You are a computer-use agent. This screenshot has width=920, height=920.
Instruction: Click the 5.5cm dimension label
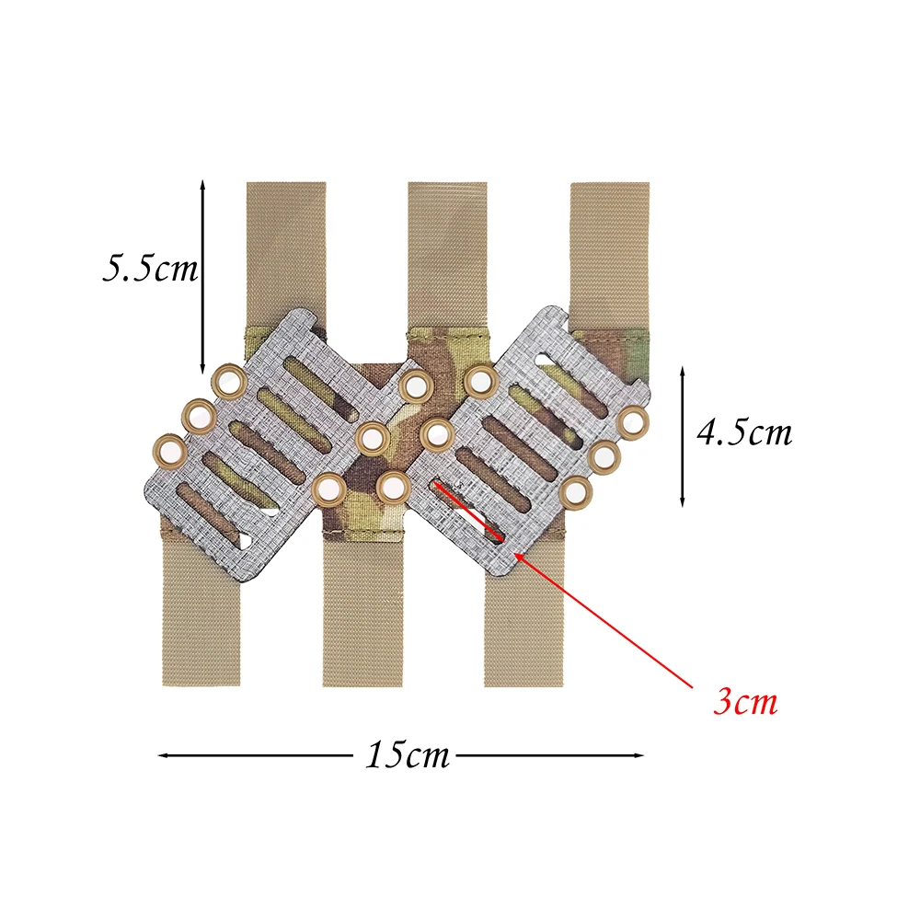click(150, 268)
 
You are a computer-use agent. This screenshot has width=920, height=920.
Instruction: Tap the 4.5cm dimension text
click(744, 433)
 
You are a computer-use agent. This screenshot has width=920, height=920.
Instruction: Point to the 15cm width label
click(408, 755)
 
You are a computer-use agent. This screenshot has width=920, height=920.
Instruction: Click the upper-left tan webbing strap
click(286, 252)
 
